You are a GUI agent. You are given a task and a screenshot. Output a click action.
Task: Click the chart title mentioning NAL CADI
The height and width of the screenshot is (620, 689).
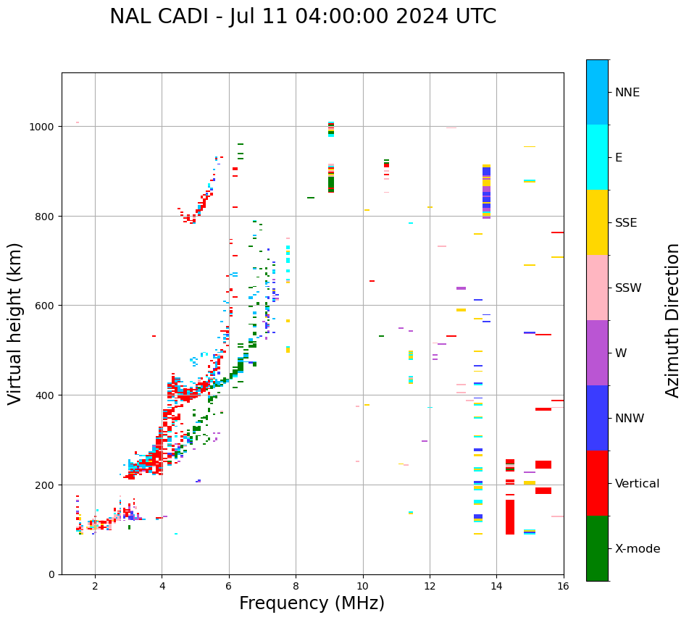pos(303,17)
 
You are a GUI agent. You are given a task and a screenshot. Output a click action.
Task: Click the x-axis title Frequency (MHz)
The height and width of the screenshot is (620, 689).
pos(312,603)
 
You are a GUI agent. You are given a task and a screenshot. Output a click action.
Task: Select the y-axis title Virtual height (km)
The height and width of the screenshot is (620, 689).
pos(15,323)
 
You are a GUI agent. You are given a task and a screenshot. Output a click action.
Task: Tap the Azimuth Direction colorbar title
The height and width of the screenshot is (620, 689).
pos(672,320)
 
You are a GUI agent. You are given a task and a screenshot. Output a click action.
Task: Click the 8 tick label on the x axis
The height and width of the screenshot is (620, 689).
pos(296,586)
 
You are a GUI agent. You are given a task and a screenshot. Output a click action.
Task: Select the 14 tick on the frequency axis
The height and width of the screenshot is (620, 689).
pos(496,586)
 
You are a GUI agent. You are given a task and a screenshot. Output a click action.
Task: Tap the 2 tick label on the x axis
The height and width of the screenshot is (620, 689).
pos(95,586)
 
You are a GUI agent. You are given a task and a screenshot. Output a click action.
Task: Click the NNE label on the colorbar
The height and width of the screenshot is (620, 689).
pos(627,93)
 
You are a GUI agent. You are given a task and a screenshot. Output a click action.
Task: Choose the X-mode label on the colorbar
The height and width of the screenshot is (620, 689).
pos(638,549)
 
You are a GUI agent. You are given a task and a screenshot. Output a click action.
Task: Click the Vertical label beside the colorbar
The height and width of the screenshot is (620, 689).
pos(638,484)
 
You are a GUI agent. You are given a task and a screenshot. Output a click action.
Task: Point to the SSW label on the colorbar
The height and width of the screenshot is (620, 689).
pos(628,288)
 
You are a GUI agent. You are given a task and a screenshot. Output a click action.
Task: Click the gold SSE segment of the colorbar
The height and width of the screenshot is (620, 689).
pos(597,222)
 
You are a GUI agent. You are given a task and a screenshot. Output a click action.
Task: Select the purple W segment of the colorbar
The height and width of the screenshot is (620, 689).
pos(597,353)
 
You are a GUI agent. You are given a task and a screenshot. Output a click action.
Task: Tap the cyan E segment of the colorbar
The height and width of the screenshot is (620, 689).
pos(597,157)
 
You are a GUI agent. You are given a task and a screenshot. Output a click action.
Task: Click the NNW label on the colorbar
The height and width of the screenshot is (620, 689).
pos(630,419)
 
